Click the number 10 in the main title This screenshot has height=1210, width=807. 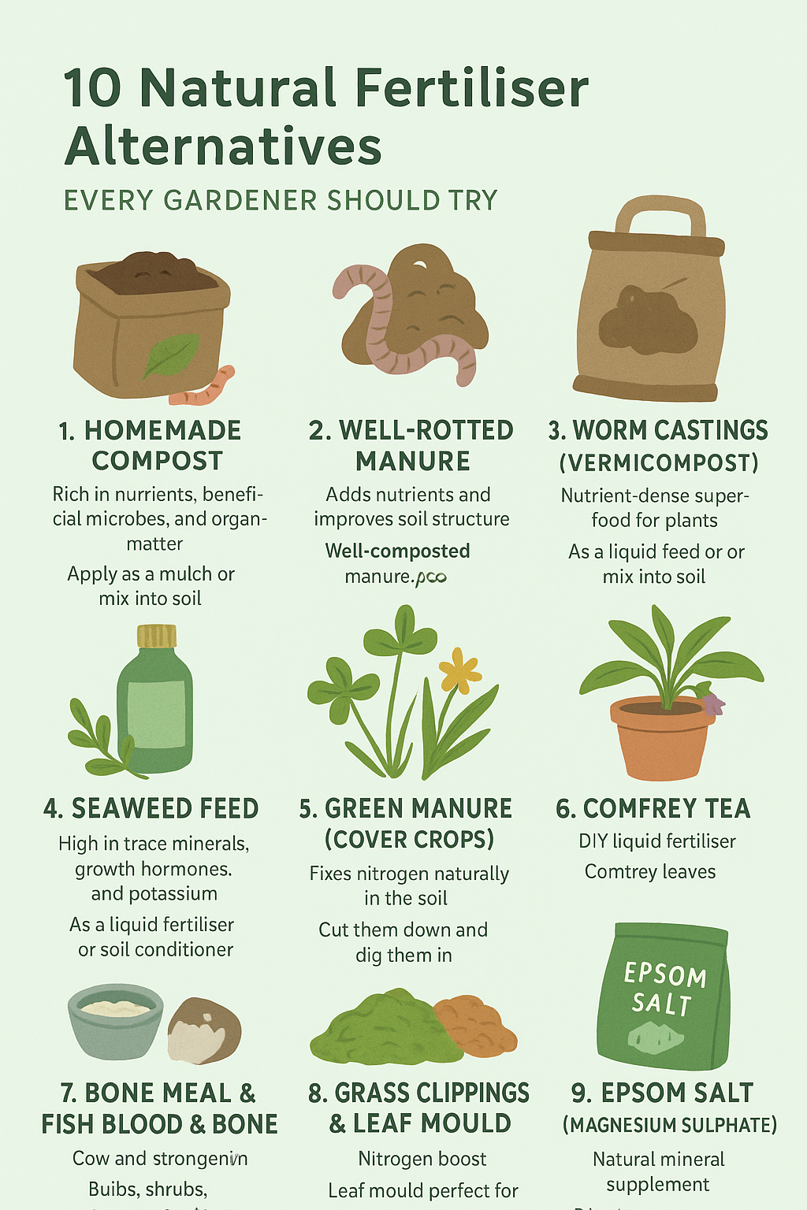(x=93, y=87)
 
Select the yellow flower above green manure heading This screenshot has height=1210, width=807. (x=459, y=671)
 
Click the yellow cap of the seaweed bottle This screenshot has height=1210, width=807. (x=156, y=636)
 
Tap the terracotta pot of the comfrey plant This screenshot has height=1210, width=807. (x=660, y=740)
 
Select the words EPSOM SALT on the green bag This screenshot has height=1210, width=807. (x=664, y=989)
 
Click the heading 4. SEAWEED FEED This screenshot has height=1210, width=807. (x=151, y=808)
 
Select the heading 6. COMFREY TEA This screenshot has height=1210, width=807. (x=653, y=808)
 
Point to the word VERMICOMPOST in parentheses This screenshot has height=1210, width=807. (x=659, y=462)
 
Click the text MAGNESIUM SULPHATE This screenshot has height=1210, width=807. (x=670, y=1125)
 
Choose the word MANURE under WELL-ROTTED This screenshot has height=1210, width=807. (x=412, y=461)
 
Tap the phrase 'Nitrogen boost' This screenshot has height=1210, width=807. (x=422, y=1159)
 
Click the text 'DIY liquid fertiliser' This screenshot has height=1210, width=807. (x=657, y=841)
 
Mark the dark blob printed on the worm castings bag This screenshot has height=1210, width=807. (x=648, y=319)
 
